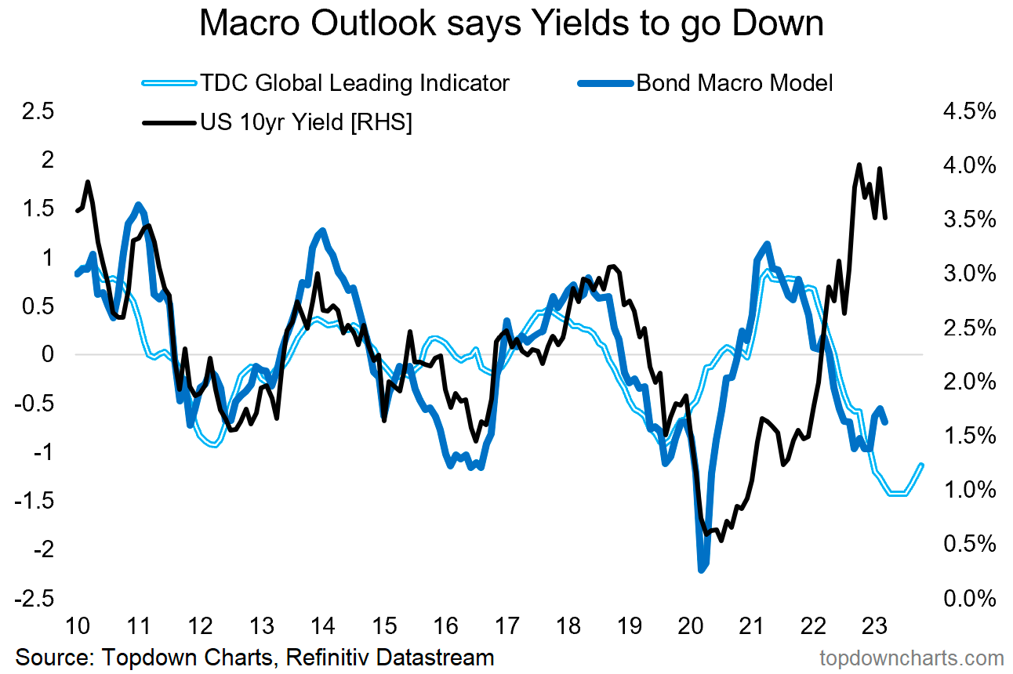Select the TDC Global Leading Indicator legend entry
354,82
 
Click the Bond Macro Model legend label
734,82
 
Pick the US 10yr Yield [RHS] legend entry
306,122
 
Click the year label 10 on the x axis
76,627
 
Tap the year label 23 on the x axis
875,627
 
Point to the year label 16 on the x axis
445,627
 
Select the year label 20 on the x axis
691,627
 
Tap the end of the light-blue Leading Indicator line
922,465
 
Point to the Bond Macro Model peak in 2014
321,230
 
